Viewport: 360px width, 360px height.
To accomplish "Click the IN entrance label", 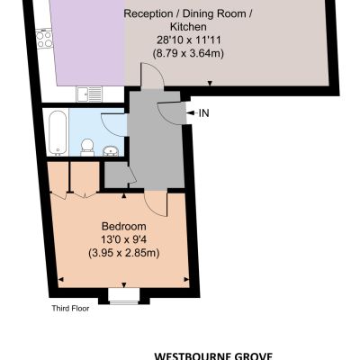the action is pyautogui.click(x=204, y=113).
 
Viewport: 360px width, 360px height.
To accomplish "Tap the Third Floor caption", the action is pyautogui.click(x=70, y=308).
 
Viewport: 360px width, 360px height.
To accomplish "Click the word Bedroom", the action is pyautogui.click(x=124, y=226).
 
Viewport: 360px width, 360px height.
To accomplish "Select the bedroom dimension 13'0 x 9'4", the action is pyautogui.click(x=124, y=239).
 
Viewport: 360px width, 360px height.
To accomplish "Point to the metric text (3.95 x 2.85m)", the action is pyautogui.click(x=124, y=253).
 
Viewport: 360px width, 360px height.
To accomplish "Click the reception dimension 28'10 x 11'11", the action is pyautogui.click(x=189, y=40).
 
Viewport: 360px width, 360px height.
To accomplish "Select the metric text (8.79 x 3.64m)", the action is pyautogui.click(x=188, y=53).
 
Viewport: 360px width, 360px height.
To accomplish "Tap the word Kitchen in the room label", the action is pyautogui.click(x=188, y=27).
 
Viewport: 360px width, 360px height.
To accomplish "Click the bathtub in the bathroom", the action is pyautogui.click(x=58, y=132).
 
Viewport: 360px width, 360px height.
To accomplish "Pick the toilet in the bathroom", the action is pyautogui.click(x=87, y=147).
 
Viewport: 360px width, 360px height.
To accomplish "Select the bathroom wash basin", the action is pyautogui.click(x=111, y=151).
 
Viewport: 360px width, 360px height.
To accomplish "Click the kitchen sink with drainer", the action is pyautogui.click(x=89, y=94).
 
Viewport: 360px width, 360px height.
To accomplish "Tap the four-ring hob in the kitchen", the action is pyautogui.click(x=44, y=39).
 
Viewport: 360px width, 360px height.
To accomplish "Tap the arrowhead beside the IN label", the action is pyautogui.click(x=190, y=113).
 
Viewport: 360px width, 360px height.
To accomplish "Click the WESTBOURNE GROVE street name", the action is pyautogui.click(x=213, y=356).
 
